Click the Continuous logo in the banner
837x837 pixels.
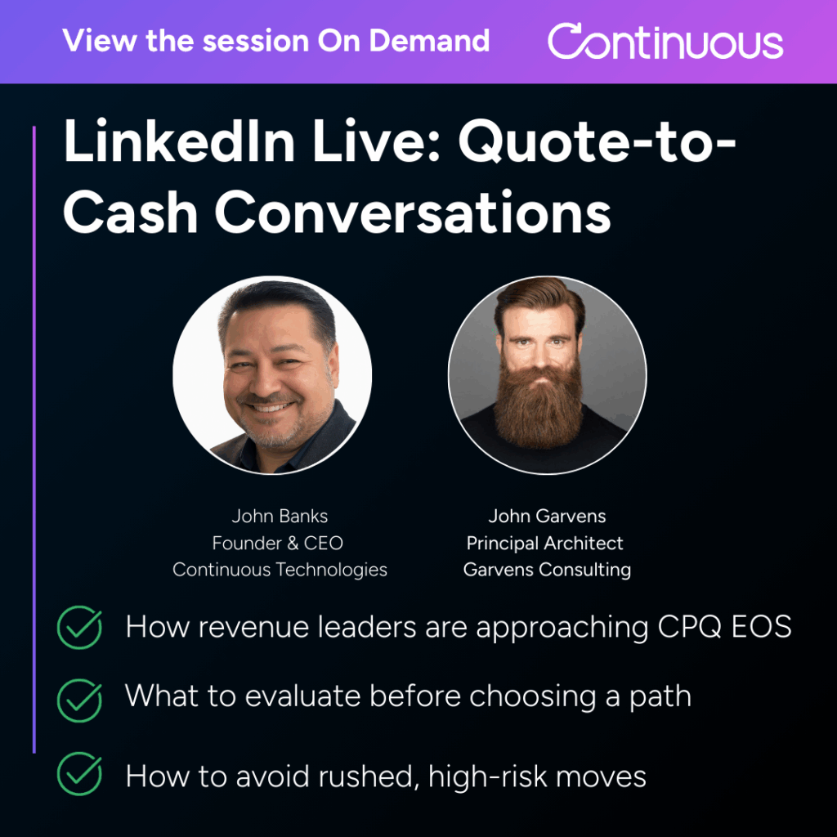coord(665,42)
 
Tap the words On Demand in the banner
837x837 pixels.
coord(404,40)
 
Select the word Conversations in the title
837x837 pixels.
coord(413,211)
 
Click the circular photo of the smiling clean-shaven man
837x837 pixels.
coord(272,375)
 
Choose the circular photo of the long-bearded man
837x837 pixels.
coord(547,375)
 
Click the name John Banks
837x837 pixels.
coord(280,516)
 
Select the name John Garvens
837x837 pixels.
coord(547,516)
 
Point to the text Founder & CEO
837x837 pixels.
coord(278,543)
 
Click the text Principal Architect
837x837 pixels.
coord(545,543)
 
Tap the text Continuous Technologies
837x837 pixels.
coord(280,570)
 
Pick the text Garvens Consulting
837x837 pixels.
coord(547,570)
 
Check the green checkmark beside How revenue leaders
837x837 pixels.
coord(79,628)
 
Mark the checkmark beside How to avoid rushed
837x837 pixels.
coord(79,775)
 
